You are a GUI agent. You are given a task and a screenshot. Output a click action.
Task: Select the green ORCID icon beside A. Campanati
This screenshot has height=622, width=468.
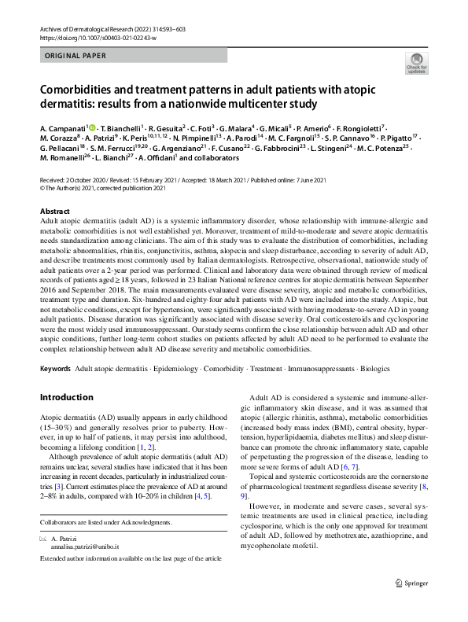click(x=92, y=127)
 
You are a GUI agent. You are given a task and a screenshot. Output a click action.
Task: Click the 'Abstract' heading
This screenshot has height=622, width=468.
click(x=55, y=212)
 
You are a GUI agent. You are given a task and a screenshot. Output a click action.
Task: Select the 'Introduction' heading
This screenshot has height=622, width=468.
click(x=68, y=397)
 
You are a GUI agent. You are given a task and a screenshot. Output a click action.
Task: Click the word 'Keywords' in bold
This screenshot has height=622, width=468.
click(x=55, y=368)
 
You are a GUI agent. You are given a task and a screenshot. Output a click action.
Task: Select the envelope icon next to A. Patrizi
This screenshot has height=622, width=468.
click(x=43, y=538)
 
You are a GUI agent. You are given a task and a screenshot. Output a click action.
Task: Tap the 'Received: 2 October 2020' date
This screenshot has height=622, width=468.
click(x=76, y=180)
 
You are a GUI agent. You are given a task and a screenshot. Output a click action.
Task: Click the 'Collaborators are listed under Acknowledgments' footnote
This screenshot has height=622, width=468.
click(x=106, y=522)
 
